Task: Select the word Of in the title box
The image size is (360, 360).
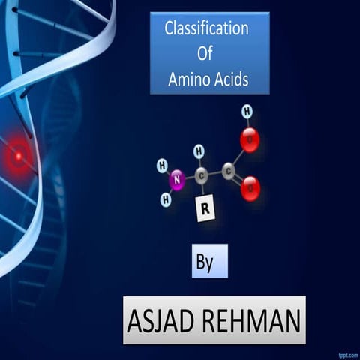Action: tap(205, 54)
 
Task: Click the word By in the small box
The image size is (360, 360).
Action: tap(205, 263)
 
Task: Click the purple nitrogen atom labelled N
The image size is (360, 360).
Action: tap(177, 179)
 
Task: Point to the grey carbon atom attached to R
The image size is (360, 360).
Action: tap(202, 177)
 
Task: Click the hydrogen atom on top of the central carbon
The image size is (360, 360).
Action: tap(199, 151)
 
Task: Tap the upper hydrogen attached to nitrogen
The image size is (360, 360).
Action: tap(161, 164)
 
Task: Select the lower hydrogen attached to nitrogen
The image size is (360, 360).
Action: tap(166, 199)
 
